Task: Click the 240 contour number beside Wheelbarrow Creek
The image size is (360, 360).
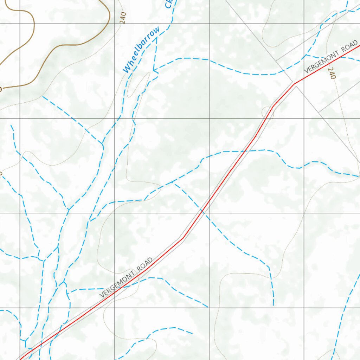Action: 122,17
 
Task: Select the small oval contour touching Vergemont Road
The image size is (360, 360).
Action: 267,111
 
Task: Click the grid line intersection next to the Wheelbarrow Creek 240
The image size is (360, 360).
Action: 115,24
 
